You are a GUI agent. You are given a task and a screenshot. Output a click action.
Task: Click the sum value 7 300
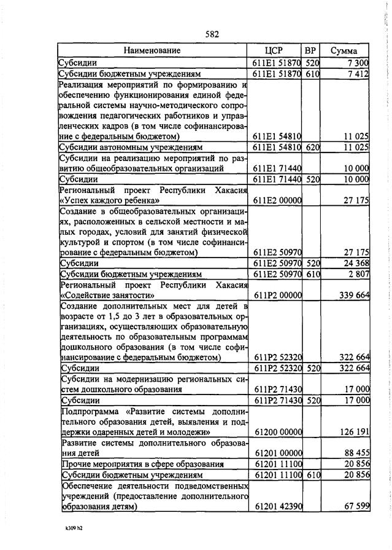coord(357,63)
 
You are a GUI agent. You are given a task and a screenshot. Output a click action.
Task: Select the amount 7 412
coord(357,74)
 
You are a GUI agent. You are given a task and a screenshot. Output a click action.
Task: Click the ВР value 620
coord(312,147)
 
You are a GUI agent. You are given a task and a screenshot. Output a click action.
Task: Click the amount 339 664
coord(354,295)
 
